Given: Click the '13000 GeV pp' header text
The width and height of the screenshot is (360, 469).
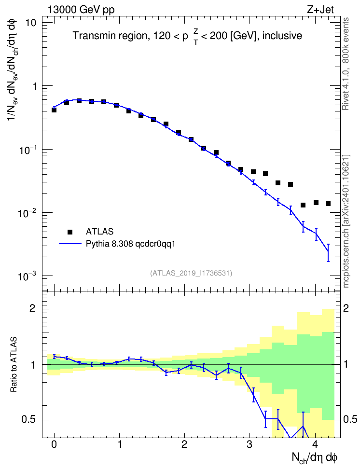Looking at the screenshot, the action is point(81,10).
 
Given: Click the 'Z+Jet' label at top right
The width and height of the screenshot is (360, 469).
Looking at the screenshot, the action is point(320,10).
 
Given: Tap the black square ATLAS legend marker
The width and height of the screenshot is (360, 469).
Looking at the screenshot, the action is point(70,232).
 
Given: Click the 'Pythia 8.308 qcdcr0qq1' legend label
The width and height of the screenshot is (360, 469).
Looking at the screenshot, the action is point(130,244).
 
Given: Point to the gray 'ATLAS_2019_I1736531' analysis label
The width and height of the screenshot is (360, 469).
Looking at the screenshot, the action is point(191,273).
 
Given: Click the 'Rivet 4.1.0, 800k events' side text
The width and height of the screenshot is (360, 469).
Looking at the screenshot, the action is point(346,64).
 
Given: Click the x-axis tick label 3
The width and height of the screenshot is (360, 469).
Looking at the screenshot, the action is point(249,444).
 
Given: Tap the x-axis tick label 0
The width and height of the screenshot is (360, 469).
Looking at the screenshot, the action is point(54,444).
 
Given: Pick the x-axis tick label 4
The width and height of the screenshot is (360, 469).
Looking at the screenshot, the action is point(315,444).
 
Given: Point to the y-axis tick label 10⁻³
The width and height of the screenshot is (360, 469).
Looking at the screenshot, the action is point(28,276).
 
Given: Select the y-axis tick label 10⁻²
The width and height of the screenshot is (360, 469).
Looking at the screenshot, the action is point(28,213).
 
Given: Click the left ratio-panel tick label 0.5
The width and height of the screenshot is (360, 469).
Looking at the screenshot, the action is point(29,420).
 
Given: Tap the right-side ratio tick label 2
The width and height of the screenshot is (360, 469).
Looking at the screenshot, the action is point(346,309).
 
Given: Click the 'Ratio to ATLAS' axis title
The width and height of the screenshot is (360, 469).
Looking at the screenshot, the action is point(14,364).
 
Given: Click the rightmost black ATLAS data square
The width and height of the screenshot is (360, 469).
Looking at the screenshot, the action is point(328,204).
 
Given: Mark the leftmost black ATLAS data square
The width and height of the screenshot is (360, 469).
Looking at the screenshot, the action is point(54,110).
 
